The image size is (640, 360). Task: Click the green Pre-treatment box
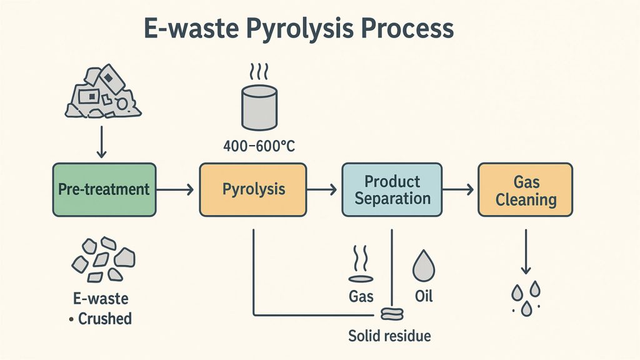click(x=104, y=189)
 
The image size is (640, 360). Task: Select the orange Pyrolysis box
click(x=252, y=189)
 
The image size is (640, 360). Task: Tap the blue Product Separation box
click(x=392, y=190)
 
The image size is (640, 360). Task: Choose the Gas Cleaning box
click(x=526, y=190)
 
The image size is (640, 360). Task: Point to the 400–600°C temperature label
click(x=259, y=147)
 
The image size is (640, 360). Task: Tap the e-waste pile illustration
click(x=102, y=92)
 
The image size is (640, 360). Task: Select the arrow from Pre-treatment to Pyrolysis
click(x=177, y=190)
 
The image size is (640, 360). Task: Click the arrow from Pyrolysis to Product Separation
click(x=324, y=190)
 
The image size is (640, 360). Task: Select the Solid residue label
click(x=389, y=336)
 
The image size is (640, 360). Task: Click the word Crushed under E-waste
click(x=104, y=319)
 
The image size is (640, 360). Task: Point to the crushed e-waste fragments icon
click(x=104, y=258)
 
